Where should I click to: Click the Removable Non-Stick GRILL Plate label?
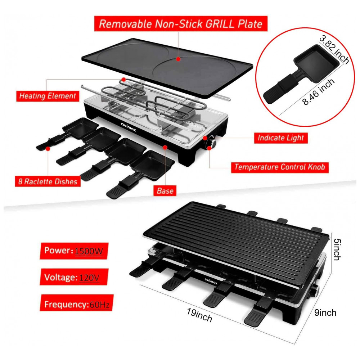click(x=181, y=23)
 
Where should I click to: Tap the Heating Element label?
click(x=48, y=96)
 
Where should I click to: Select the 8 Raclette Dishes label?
click(x=48, y=181)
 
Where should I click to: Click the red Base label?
click(x=165, y=190)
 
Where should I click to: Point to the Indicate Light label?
click(x=280, y=138)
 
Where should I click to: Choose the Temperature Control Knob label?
click(x=280, y=167)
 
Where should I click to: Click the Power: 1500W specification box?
click(x=74, y=251)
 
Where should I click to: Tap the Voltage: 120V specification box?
click(x=74, y=277)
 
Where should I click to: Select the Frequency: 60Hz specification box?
click(x=76, y=303)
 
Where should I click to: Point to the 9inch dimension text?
click(x=325, y=313)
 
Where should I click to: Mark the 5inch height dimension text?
click(x=337, y=249)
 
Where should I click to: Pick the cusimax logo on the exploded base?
click(x=129, y=127)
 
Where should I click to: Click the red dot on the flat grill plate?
click(x=178, y=59)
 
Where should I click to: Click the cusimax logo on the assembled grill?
click(x=211, y=281)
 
